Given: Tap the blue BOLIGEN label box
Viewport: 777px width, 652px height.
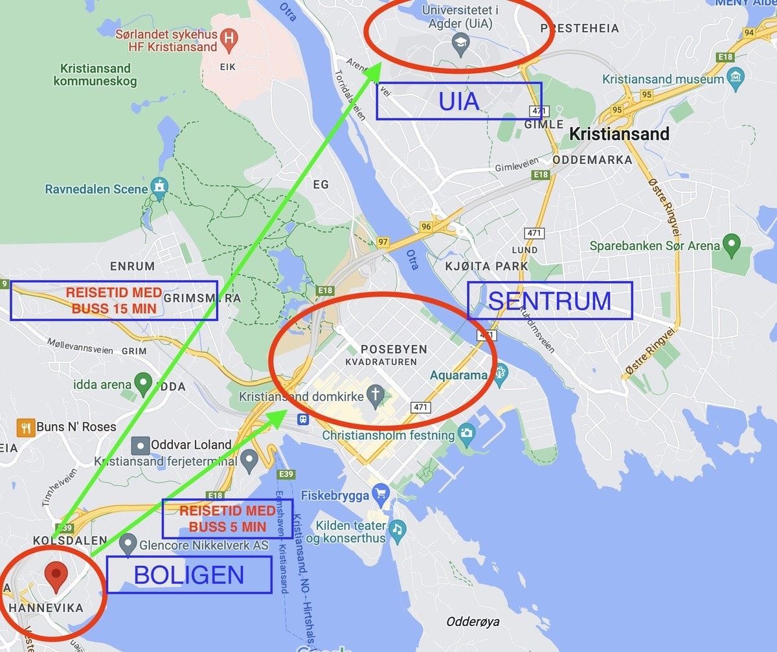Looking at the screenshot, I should click(x=189, y=575).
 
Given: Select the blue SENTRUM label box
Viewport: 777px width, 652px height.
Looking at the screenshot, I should click(x=550, y=301).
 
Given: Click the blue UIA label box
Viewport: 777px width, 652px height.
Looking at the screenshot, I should click(x=459, y=101).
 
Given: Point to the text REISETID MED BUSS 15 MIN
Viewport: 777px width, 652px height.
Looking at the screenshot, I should click(x=114, y=301).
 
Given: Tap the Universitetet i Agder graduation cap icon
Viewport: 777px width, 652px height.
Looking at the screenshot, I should click(x=460, y=43).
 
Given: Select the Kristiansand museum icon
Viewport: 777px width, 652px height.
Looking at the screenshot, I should click(x=735, y=78).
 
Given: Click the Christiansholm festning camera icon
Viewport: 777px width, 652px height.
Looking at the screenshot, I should click(x=466, y=433).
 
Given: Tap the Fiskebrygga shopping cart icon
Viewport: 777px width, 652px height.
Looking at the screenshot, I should click(x=380, y=494).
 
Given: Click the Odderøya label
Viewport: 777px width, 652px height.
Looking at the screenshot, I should click(x=473, y=622).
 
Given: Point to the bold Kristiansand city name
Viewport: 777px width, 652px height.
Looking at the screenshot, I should click(x=619, y=134).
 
